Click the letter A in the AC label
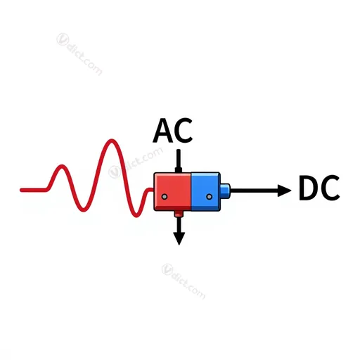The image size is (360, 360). (x=163, y=131)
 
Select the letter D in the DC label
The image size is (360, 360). (x=309, y=188)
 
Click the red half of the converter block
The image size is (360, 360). (x=172, y=191)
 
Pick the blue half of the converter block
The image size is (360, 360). (x=205, y=191)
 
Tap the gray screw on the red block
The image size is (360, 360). (x=165, y=197)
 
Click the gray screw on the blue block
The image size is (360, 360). (x=210, y=197)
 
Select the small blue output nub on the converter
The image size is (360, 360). (x=225, y=191)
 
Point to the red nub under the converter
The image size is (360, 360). (x=179, y=214)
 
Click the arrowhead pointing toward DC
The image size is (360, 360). (x=284, y=191)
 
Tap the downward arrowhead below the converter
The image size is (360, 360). (x=179, y=238)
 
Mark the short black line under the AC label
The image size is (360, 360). (x=179, y=161)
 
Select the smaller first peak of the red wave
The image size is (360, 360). (x=62, y=166)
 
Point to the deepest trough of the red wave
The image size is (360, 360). (x=136, y=215)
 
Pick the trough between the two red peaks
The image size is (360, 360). (x=84, y=210)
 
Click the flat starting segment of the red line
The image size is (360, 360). (x=34, y=190)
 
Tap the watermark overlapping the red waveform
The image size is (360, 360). (x=136, y=162)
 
